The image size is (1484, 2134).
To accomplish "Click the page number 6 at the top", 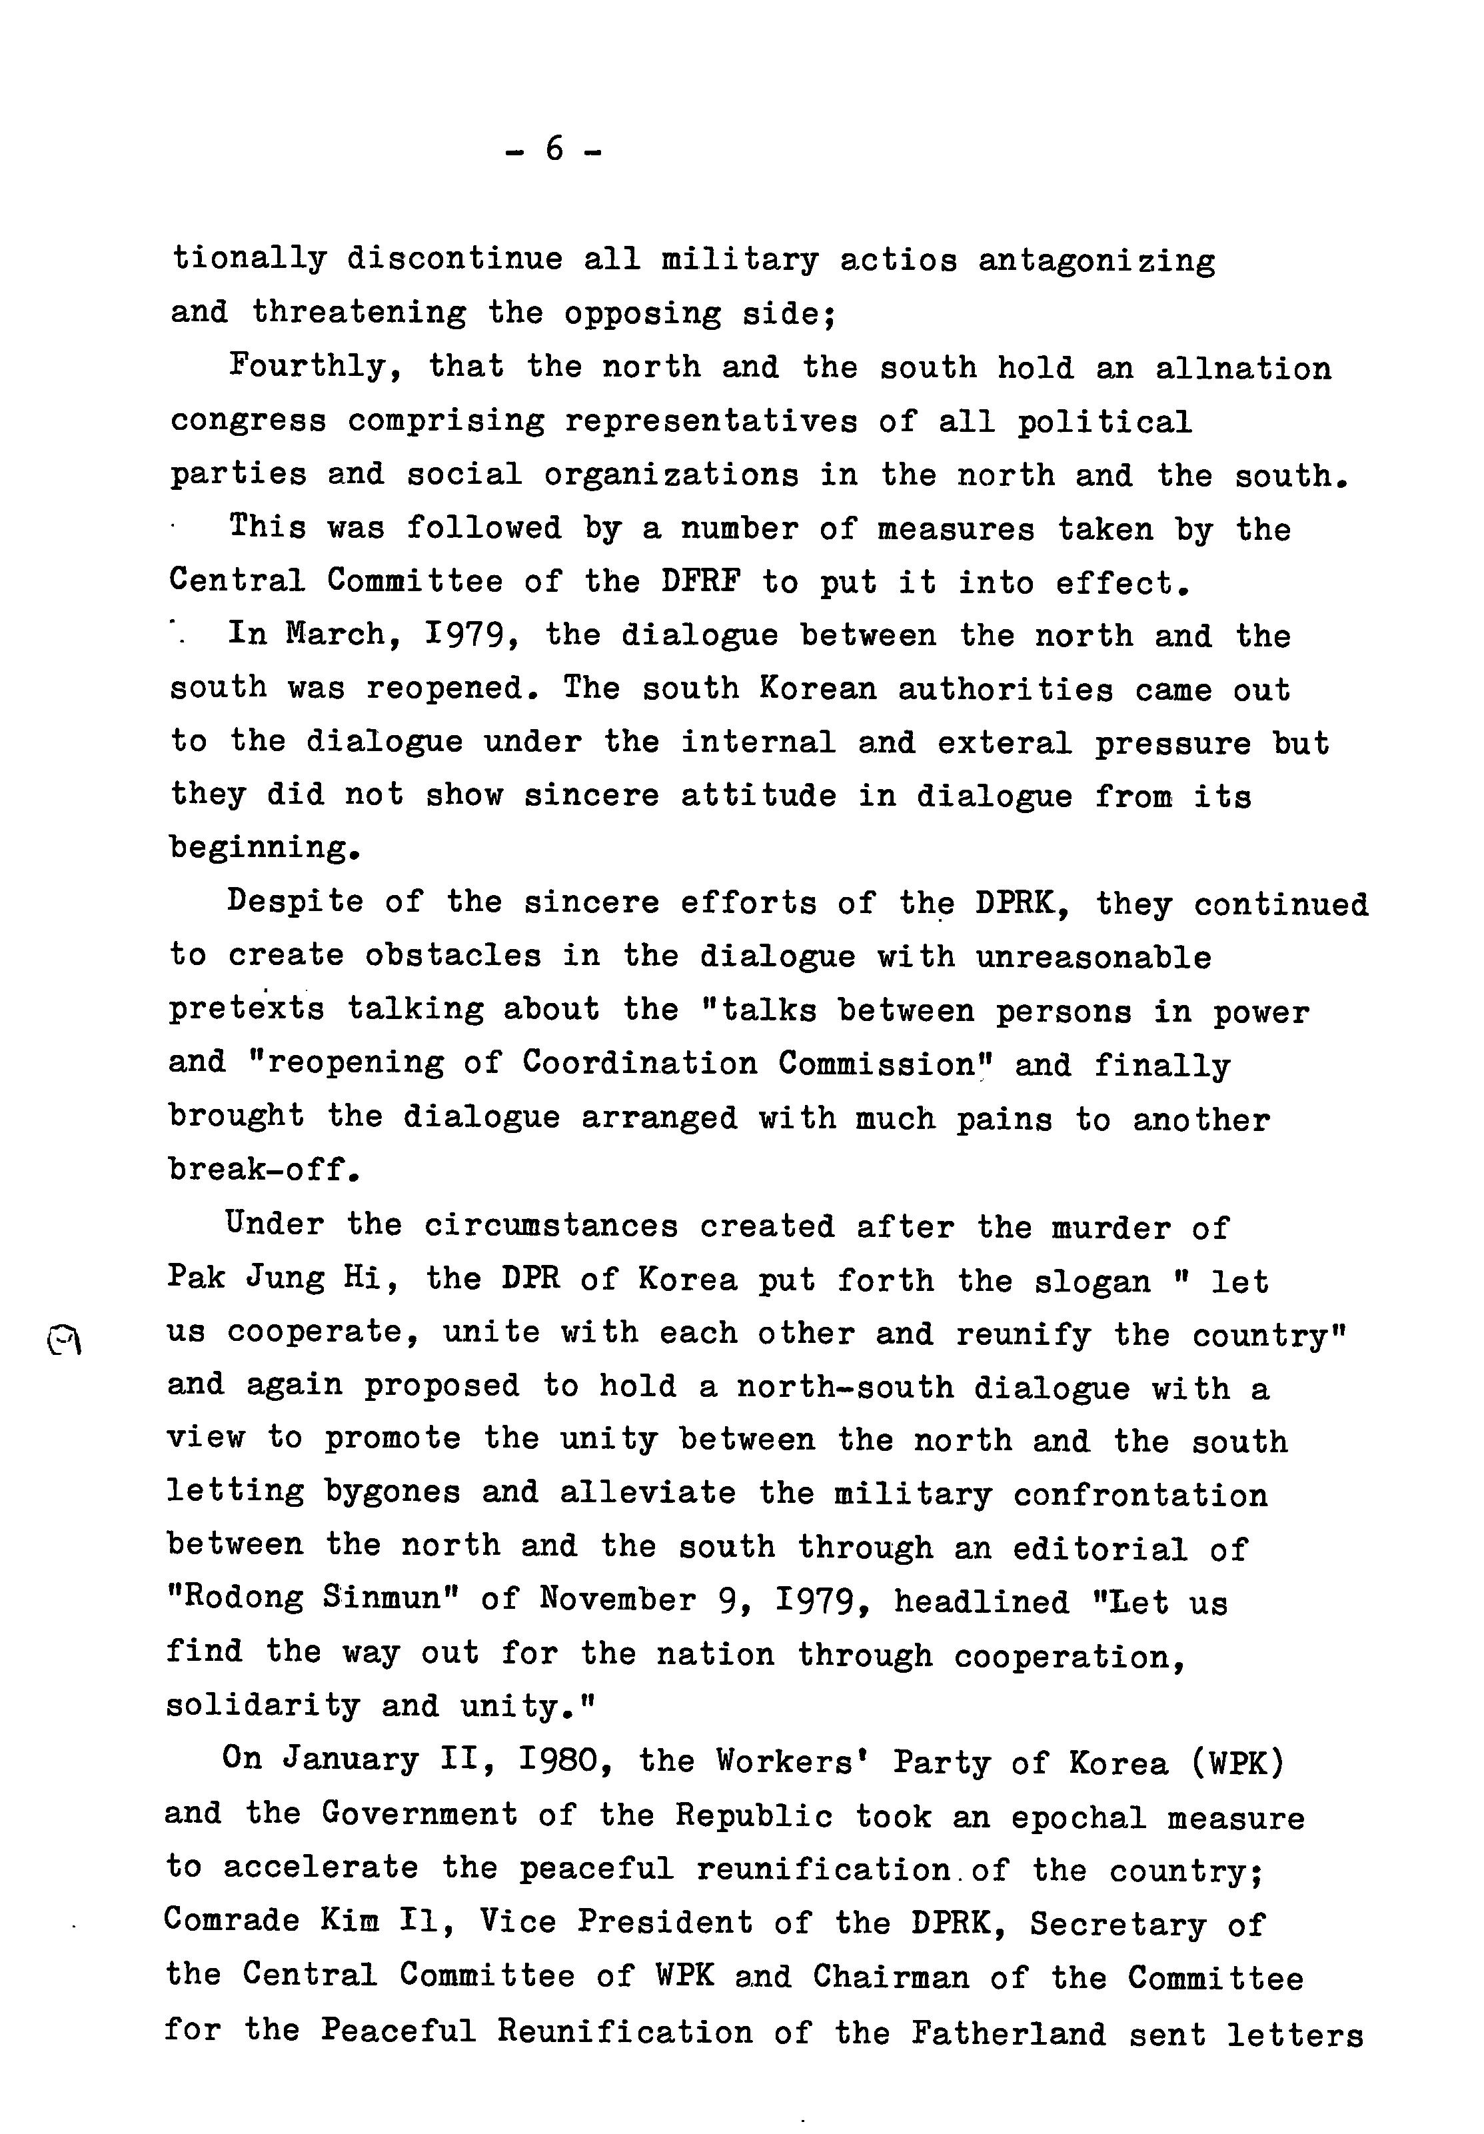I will (x=554, y=149).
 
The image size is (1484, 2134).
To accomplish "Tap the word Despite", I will (x=295, y=902).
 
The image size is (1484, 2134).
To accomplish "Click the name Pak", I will (x=196, y=1279).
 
